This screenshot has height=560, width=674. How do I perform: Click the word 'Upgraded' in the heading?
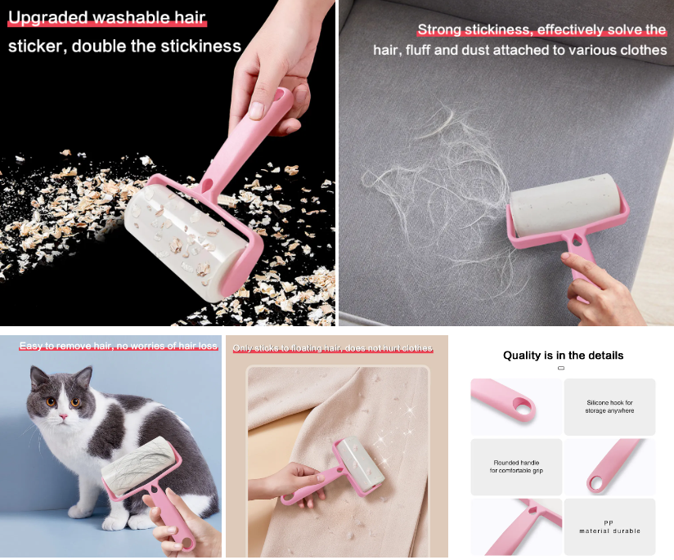tap(47, 18)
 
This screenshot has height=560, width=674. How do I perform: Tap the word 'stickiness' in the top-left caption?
tap(200, 46)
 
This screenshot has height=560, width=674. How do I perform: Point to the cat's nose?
tap(61, 414)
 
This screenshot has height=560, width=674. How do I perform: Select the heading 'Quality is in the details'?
tap(563, 356)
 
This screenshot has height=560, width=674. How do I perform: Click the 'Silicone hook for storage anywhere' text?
tap(609, 406)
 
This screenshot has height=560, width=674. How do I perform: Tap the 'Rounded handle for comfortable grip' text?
tap(516, 467)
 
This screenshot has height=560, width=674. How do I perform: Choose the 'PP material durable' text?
tap(609, 526)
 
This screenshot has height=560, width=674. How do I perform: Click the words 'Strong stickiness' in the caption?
tap(474, 30)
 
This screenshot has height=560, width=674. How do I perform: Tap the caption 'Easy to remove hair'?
tap(65, 346)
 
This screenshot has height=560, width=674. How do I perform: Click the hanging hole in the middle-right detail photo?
tap(595, 483)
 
